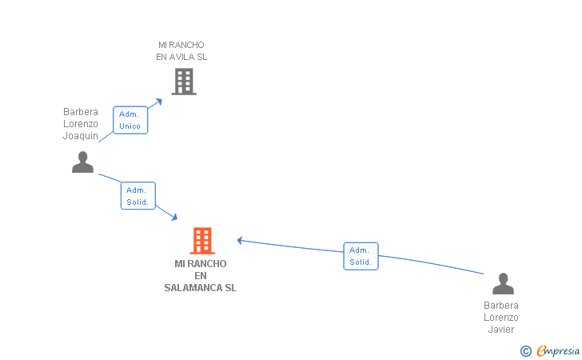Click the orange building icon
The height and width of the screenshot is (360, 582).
[x=202, y=240]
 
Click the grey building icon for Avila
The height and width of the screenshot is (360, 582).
[x=184, y=82]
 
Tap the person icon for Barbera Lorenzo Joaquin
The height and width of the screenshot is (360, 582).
[x=82, y=162]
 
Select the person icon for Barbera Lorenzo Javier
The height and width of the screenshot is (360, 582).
[x=503, y=283]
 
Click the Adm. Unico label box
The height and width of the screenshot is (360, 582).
[x=130, y=120]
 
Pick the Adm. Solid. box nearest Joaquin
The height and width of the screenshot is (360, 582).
[x=138, y=196]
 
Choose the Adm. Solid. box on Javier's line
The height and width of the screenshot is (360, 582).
[x=361, y=256]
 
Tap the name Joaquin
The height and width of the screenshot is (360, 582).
[x=81, y=136]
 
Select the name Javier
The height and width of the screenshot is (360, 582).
[x=501, y=330]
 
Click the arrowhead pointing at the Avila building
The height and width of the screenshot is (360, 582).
[x=159, y=102]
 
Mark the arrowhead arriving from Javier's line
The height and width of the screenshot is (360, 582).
[x=240, y=241]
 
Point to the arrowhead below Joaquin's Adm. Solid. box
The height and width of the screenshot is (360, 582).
[x=174, y=217]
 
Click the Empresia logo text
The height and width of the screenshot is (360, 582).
[x=558, y=350]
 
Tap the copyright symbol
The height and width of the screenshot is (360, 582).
[x=526, y=351]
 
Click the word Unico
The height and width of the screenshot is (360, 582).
[x=130, y=126]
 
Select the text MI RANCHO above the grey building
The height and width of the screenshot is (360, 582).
[x=181, y=45]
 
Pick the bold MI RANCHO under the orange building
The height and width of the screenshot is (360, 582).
[x=201, y=264]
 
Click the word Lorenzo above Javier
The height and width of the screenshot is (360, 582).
[x=501, y=318]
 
